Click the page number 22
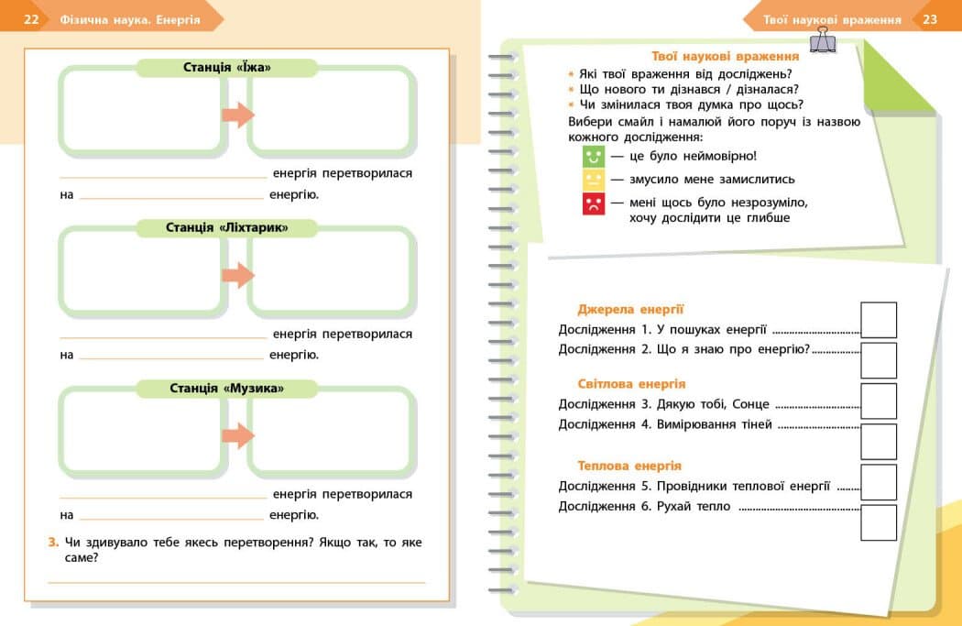pyautogui.click(x=31, y=19)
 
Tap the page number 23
pyautogui.click(x=930, y=19)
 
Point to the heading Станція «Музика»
pyautogui.click(x=227, y=389)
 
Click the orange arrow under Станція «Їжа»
pyautogui.click(x=238, y=115)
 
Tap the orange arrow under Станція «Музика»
pyautogui.click(x=238, y=435)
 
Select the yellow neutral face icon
pyautogui.click(x=594, y=180)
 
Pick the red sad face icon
pyautogui.click(x=594, y=203)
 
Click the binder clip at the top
pyautogui.click(x=821, y=39)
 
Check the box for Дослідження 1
pyautogui.click(x=879, y=320)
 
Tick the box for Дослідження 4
pyautogui.click(x=879, y=441)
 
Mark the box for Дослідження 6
pyautogui.click(x=879, y=522)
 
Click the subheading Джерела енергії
pyautogui.click(x=630, y=310)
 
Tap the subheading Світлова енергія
pyautogui.click(x=631, y=384)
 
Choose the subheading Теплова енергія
pyautogui.click(x=629, y=466)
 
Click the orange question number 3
pyautogui.click(x=53, y=543)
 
